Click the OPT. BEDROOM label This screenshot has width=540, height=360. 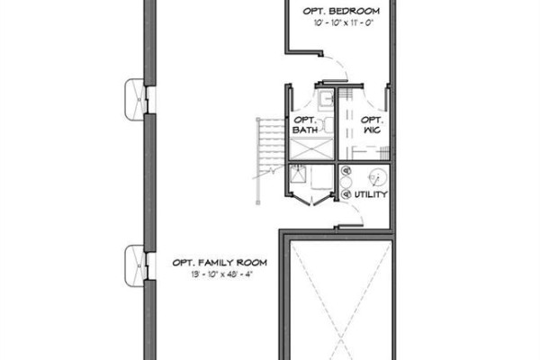click(341, 11)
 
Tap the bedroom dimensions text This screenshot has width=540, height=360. click(344, 22)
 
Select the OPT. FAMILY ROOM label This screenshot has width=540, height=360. click(220, 263)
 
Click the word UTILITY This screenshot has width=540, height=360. click(371, 194)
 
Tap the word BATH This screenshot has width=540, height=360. click(305, 130)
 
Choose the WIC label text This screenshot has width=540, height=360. click(373, 130)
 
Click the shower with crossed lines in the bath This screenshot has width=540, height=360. click(311, 148)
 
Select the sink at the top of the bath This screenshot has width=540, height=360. click(325, 99)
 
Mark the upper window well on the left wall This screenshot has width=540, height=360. click(134, 100)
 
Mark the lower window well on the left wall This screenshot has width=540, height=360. click(134, 265)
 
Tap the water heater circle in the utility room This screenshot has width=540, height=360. click(378, 177)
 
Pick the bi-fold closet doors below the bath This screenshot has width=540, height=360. click(311, 201)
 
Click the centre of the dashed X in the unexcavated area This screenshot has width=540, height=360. click(341, 336)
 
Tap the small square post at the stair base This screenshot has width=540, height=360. click(258, 202)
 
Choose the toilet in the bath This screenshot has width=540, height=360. click(326, 125)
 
